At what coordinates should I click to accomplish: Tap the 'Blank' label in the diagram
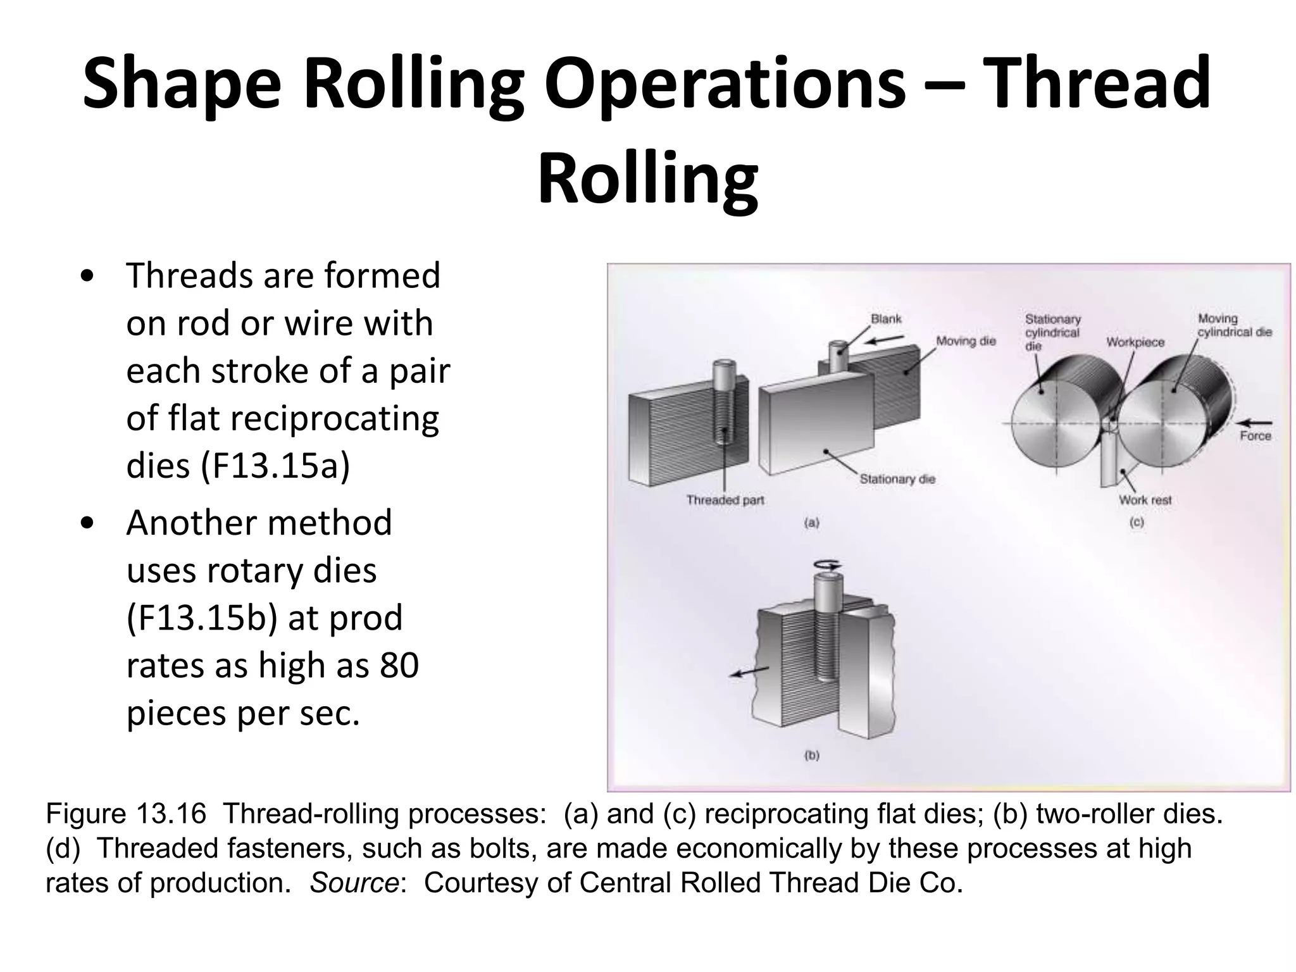886,319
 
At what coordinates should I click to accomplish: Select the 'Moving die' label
966,341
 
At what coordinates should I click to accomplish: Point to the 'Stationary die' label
897,479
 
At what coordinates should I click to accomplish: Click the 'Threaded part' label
725,500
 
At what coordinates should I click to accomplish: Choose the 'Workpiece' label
1135,342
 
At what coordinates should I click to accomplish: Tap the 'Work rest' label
1145,500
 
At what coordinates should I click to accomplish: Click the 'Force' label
1255,436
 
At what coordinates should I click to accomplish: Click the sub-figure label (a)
811,523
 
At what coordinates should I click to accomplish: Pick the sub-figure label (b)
811,755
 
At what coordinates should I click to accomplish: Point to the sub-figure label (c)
1137,523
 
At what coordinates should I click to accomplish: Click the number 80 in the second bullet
399,665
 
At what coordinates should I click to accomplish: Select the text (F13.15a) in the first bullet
275,466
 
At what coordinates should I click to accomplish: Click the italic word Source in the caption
354,883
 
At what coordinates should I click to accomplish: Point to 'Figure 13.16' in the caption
126,813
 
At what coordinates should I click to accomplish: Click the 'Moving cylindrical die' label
1234,325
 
